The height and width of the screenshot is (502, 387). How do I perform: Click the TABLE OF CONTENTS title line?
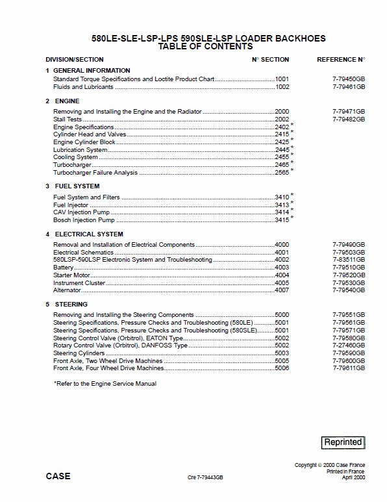pyautogui.click(x=205, y=47)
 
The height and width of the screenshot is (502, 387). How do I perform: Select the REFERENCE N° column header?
pyautogui.click(x=340, y=60)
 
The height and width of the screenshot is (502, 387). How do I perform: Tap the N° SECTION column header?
pyautogui.click(x=270, y=60)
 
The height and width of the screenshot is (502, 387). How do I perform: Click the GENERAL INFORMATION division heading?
pyautogui.click(x=92, y=70)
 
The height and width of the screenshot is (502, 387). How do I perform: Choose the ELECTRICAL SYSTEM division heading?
pyautogui.click(x=89, y=234)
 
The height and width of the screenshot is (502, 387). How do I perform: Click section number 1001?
pyautogui.click(x=282, y=79)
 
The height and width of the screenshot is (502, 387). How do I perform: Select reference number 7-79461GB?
pyautogui.click(x=348, y=87)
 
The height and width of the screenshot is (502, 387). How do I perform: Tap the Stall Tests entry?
pyautogui.click(x=68, y=119)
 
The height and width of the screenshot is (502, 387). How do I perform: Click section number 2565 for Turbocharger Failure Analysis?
pyautogui.click(x=282, y=173)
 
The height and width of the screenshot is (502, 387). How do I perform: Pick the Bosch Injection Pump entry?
pyautogui.click(x=84, y=220)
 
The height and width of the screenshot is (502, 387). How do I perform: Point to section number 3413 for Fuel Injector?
pyautogui.click(x=282, y=205)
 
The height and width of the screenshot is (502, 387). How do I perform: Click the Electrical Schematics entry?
pyautogui.click(x=83, y=252)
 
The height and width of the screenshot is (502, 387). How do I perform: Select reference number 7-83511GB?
pyautogui.click(x=348, y=260)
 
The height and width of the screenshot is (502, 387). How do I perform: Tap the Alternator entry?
pyautogui.click(x=67, y=290)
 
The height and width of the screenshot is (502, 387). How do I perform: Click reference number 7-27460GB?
pyautogui.click(x=348, y=345)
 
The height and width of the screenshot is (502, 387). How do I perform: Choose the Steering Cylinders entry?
pyautogui.click(x=79, y=353)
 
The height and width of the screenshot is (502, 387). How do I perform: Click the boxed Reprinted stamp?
pyautogui.click(x=343, y=442)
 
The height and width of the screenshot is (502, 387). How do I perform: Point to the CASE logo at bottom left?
pyautogui.click(x=58, y=476)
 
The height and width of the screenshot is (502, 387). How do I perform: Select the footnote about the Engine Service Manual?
pyautogui.click(x=105, y=384)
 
